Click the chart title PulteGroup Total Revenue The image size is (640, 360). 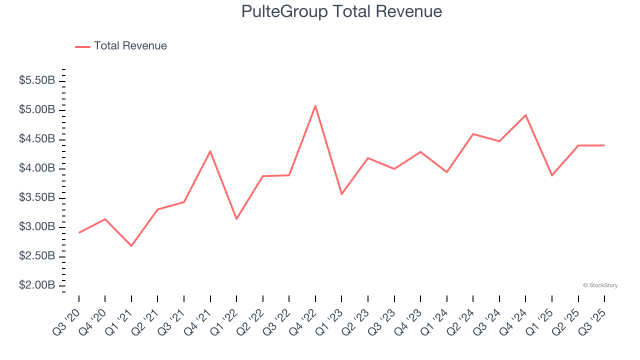[341, 11]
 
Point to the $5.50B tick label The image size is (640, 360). [37, 80]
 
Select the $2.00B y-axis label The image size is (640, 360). [37, 285]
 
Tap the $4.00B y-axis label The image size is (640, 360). [37, 168]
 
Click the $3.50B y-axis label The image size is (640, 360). [37, 197]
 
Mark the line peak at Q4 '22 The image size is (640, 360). [315, 105]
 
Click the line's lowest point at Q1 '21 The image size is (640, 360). [131, 246]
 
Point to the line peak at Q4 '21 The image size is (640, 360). [210, 151]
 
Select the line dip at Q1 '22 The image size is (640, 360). [236, 219]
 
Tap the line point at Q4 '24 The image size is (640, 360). [525, 115]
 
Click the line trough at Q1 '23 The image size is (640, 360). [341, 194]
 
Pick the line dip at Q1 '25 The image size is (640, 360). [552, 175]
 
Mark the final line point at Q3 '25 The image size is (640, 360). [604, 145]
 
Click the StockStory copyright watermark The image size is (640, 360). [600, 285]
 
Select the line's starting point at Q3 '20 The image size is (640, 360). [79, 232]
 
